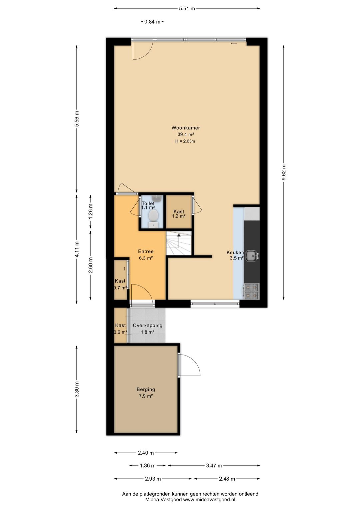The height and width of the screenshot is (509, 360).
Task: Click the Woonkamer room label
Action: click(x=186, y=128)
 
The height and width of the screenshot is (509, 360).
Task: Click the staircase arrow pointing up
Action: click(x=179, y=240)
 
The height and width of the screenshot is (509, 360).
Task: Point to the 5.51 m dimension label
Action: click(x=187, y=9)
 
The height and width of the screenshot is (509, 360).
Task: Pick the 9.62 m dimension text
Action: click(x=284, y=172)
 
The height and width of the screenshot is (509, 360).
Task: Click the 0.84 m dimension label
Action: click(x=152, y=22)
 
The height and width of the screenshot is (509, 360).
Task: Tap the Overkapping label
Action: click(x=147, y=326)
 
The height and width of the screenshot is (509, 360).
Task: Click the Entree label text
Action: click(x=146, y=251)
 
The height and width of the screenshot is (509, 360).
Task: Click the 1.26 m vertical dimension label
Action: click(x=91, y=211)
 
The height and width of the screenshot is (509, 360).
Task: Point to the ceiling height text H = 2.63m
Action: click(x=185, y=141)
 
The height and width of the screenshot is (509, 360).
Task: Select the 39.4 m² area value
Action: click(x=186, y=134)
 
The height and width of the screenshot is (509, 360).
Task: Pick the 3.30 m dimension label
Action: click(x=77, y=389)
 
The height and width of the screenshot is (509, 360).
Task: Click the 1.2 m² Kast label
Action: click(x=179, y=216)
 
